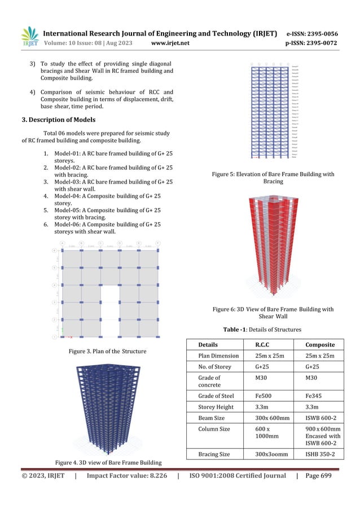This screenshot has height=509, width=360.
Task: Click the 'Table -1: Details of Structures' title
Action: coord(263,330)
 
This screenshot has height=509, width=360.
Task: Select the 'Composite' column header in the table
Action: coord(320,345)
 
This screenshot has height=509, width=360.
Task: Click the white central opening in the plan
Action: coord(109,310)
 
